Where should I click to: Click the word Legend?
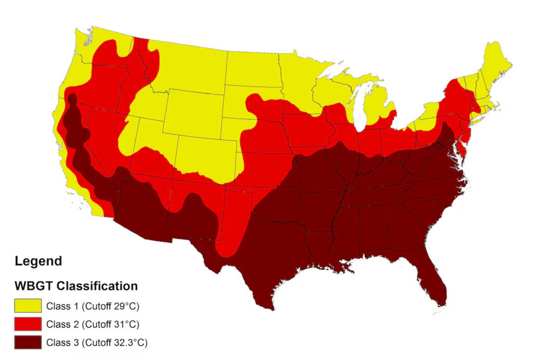39,261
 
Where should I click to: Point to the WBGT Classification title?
76,286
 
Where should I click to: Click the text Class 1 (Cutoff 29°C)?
93,306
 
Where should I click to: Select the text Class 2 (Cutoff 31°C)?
93,325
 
